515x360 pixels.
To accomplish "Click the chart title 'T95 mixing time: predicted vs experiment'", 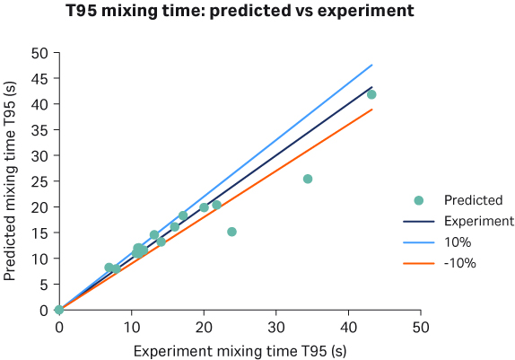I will [240, 13].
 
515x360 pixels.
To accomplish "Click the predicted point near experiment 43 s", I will [371, 94].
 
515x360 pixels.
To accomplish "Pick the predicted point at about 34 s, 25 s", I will [308, 179].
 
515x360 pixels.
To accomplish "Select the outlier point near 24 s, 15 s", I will [231, 232].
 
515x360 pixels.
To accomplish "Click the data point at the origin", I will [59, 310].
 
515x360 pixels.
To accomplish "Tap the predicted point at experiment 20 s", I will [204, 207].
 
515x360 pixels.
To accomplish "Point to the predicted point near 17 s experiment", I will [183, 215].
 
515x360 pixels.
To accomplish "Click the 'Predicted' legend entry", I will [473, 200].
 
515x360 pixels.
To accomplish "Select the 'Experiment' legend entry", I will [478, 221].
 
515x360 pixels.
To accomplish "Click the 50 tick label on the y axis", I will [39, 52].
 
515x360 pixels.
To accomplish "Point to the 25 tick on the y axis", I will [39, 181].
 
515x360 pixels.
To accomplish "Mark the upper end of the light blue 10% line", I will [371, 65].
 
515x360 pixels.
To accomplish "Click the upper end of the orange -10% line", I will [371, 110].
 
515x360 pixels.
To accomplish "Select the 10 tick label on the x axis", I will [131, 327].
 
